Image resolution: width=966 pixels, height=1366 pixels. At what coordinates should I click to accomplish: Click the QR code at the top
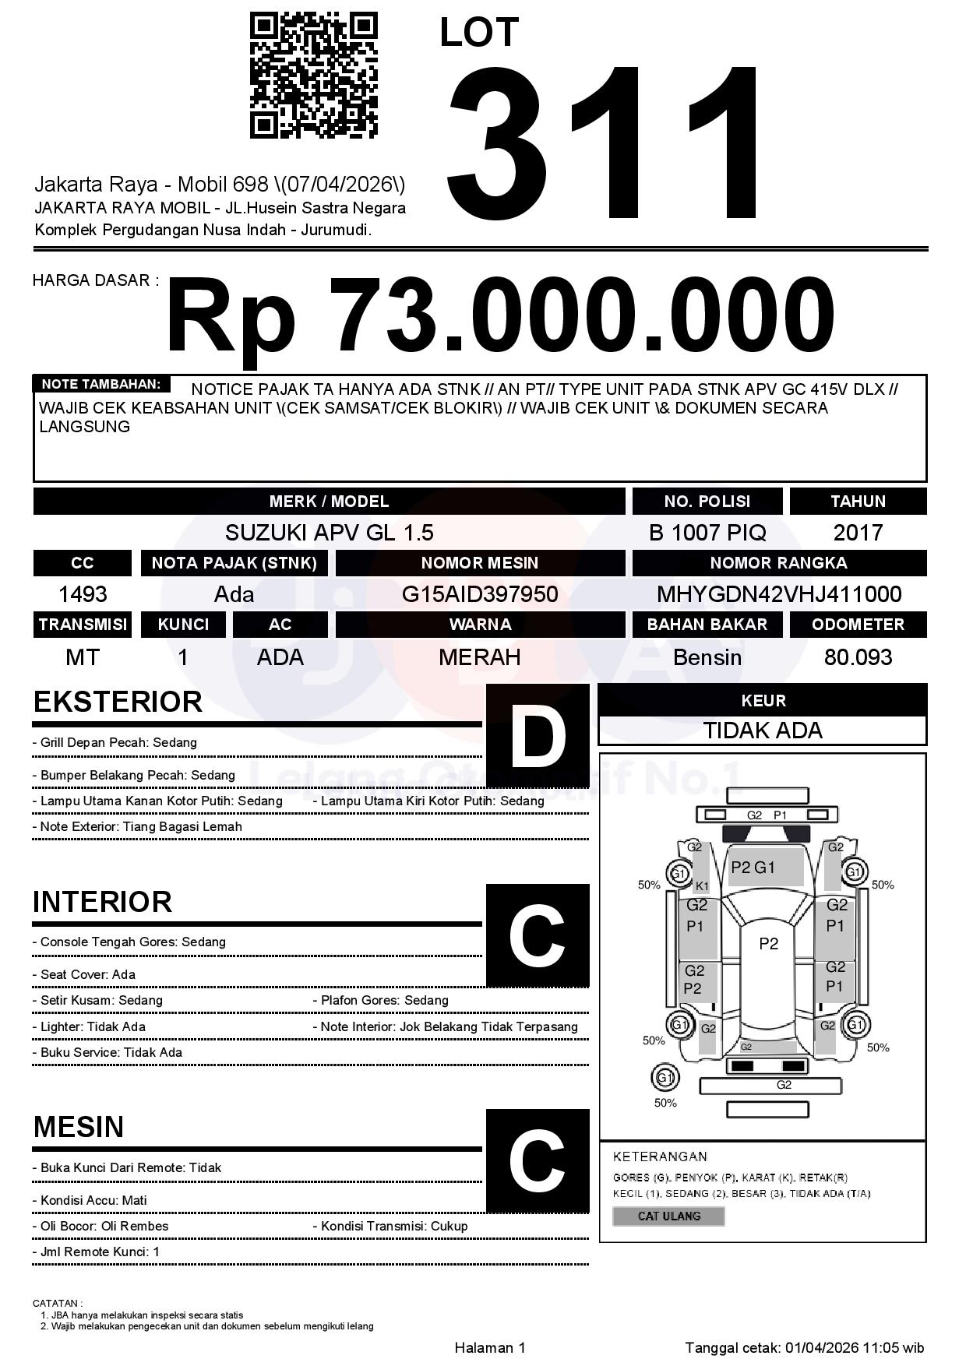tap(314, 76)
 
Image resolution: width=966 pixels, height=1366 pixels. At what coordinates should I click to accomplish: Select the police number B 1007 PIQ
tap(707, 533)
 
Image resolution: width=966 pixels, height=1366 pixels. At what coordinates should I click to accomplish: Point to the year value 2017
tap(858, 533)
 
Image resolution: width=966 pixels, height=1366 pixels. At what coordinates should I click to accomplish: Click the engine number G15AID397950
tap(480, 594)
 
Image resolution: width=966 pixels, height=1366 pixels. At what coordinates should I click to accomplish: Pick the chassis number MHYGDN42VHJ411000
tap(779, 594)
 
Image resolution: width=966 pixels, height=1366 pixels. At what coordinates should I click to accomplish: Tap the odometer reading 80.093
tap(858, 657)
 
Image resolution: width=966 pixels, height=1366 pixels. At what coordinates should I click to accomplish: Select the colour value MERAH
tap(480, 657)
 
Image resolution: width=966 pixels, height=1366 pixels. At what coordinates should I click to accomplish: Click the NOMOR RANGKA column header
tap(779, 563)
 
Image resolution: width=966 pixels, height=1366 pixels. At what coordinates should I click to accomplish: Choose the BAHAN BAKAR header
tap(707, 625)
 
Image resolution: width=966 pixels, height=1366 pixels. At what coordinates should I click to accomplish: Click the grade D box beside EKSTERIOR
tap(538, 734)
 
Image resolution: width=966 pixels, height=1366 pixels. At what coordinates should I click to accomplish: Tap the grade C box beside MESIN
tap(538, 1160)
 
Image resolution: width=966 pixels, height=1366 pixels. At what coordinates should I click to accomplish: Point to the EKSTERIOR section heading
tap(118, 702)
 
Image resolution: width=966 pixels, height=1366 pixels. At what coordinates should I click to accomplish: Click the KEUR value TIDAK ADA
tap(763, 731)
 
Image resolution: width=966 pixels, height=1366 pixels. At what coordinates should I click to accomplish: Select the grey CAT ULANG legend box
tap(668, 1216)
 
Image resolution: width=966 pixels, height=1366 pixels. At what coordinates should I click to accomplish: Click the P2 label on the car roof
tap(768, 944)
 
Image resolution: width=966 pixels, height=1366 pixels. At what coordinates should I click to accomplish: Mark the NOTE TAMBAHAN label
tap(101, 384)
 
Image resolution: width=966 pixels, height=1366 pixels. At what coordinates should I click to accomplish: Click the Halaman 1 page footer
tap(490, 1347)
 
